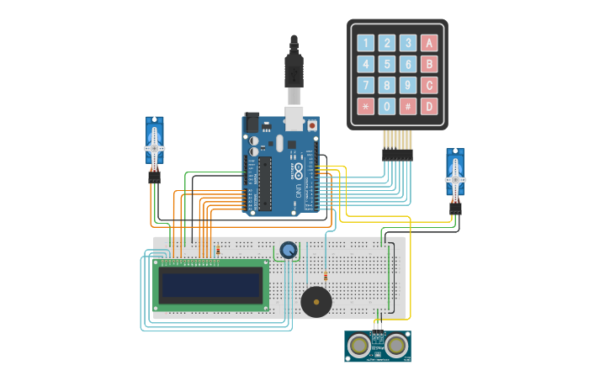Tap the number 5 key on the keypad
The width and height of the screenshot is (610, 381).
pos(387,64)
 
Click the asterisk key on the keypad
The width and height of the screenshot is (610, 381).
pos(365,107)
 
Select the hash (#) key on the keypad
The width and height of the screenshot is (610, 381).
pos(408,107)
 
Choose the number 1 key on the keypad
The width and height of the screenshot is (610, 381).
pos(365,43)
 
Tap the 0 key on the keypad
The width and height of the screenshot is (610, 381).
pos(387,107)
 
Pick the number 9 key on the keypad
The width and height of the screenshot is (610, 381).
pos(408,85)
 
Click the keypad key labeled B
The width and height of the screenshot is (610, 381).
pos(429,64)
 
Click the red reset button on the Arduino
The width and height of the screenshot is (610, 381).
pos(312,125)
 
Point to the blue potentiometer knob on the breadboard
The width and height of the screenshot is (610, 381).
pos(289,250)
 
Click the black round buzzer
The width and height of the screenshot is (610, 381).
pos(316,302)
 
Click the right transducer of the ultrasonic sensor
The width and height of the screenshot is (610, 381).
pos(395,344)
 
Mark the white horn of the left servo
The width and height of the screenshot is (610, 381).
pos(155,146)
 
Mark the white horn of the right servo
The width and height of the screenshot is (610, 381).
pos(455,178)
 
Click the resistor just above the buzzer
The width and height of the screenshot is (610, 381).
pos(326,276)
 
